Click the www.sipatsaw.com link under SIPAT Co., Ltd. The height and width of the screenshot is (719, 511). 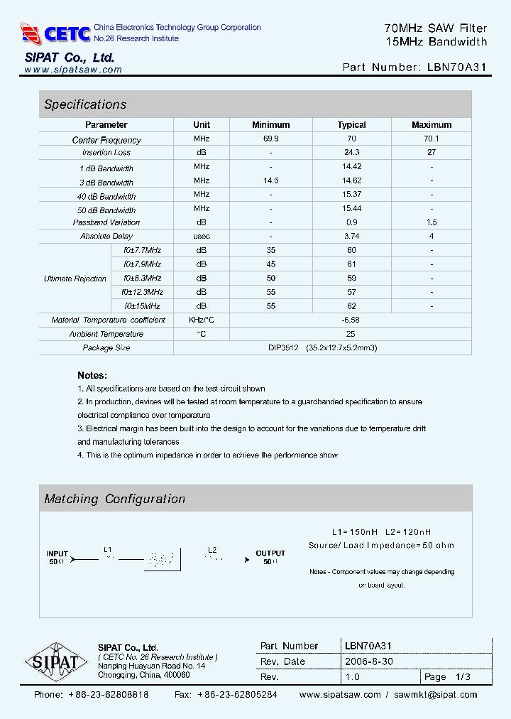pyautogui.click(x=73, y=70)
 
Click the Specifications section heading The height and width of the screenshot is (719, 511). pyautogui.click(x=85, y=104)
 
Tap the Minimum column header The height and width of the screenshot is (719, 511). pyautogui.click(x=270, y=125)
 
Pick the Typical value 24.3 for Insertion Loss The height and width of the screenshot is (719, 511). pyautogui.click(x=351, y=153)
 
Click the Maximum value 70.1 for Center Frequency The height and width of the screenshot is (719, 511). pyautogui.click(x=431, y=139)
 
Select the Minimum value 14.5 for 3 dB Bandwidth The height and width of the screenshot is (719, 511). pyautogui.click(x=270, y=181)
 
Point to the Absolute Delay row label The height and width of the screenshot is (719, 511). pyautogui.click(x=106, y=237)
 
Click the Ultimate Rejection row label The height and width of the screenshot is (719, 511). pyautogui.click(x=75, y=279)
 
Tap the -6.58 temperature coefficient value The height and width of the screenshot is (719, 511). pyautogui.click(x=351, y=320)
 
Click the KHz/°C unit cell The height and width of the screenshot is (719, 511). pyautogui.click(x=202, y=320)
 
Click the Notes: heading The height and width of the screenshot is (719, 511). pyautogui.click(x=92, y=375)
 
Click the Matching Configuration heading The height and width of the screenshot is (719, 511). pyautogui.click(x=114, y=499)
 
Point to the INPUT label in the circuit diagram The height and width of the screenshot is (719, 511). pyautogui.click(x=57, y=553)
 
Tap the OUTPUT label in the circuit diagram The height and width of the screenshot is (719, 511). pyautogui.click(x=270, y=553)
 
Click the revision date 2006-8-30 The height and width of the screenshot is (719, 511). pyautogui.click(x=369, y=661)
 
